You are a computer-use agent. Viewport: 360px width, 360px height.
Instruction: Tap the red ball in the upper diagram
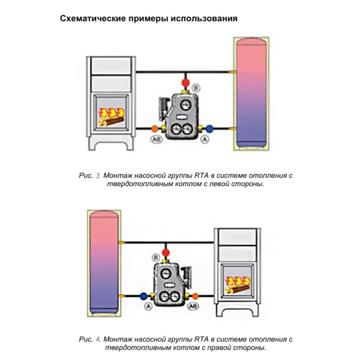click(x=186, y=81)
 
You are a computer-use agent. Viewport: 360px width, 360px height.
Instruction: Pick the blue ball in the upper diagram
click(x=209, y=128)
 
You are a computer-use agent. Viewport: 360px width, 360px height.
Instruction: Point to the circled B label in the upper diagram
click(x=197, y=88)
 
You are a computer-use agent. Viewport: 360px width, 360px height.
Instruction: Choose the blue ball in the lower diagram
click(x=143, y=296)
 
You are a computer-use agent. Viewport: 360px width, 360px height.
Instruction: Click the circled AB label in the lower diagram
click(x=193, y=307)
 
